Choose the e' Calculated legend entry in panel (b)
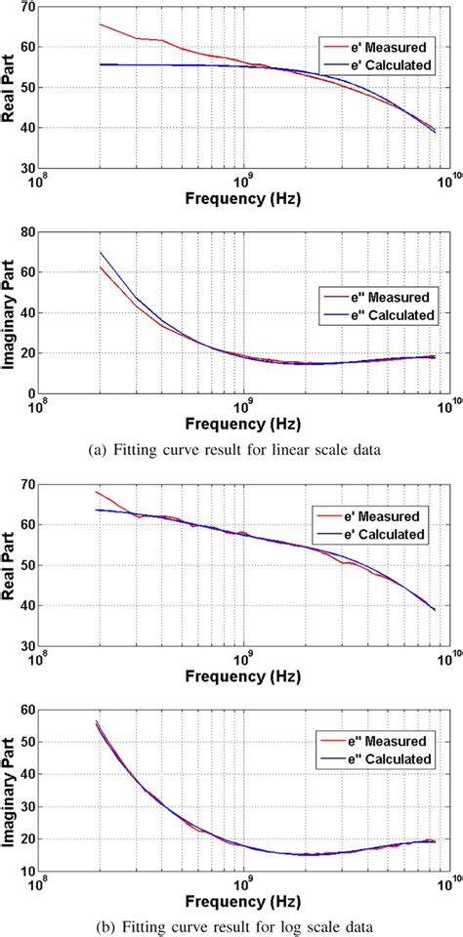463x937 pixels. tap(376, 534)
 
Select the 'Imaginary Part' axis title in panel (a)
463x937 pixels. tap(9, 312)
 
